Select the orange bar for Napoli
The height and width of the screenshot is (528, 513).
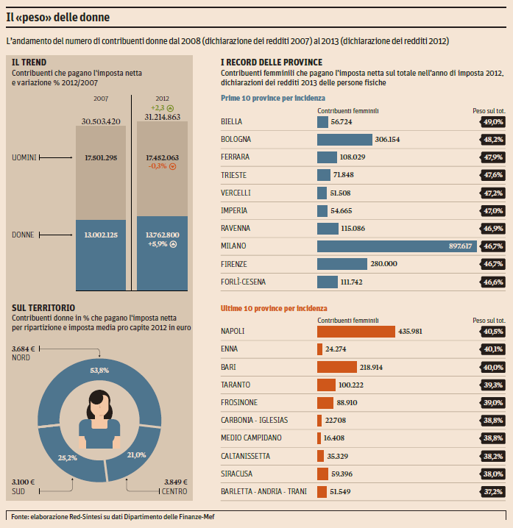356,332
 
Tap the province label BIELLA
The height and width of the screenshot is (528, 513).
231,121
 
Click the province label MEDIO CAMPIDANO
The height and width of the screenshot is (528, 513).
251,438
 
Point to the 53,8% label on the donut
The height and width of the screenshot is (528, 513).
99,349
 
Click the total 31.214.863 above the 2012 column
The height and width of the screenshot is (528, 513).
162,117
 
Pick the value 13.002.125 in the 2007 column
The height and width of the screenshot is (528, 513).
102,235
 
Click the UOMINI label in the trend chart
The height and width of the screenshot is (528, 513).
26,157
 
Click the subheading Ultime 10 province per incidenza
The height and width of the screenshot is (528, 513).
274,309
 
